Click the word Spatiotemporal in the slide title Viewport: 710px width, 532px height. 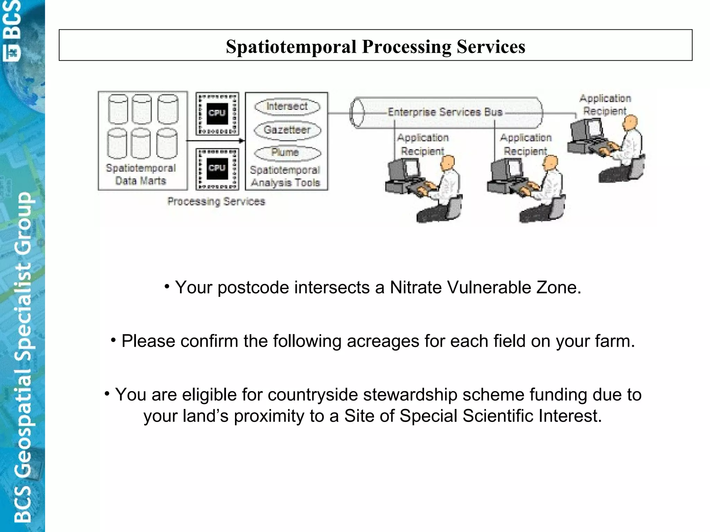pos(291,47)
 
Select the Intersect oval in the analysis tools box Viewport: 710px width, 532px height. pos(287,106)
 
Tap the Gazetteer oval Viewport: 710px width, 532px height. pos(287,130)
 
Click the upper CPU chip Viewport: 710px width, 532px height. pos(217,113)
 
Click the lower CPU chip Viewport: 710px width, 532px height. pos(217,169)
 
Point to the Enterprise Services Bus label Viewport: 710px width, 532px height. pos(445,112)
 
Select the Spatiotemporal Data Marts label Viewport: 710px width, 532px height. pos(141,174)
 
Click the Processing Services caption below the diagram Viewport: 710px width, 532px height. pos(216,201)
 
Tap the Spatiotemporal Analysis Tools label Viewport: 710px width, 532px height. pos(285,176)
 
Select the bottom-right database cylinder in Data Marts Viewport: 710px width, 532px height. pos(167,143)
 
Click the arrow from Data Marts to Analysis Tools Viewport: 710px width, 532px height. pos(215,141)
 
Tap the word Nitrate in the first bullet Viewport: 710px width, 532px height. pos(416,287)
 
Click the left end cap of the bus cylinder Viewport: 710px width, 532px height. pos(357,113)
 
